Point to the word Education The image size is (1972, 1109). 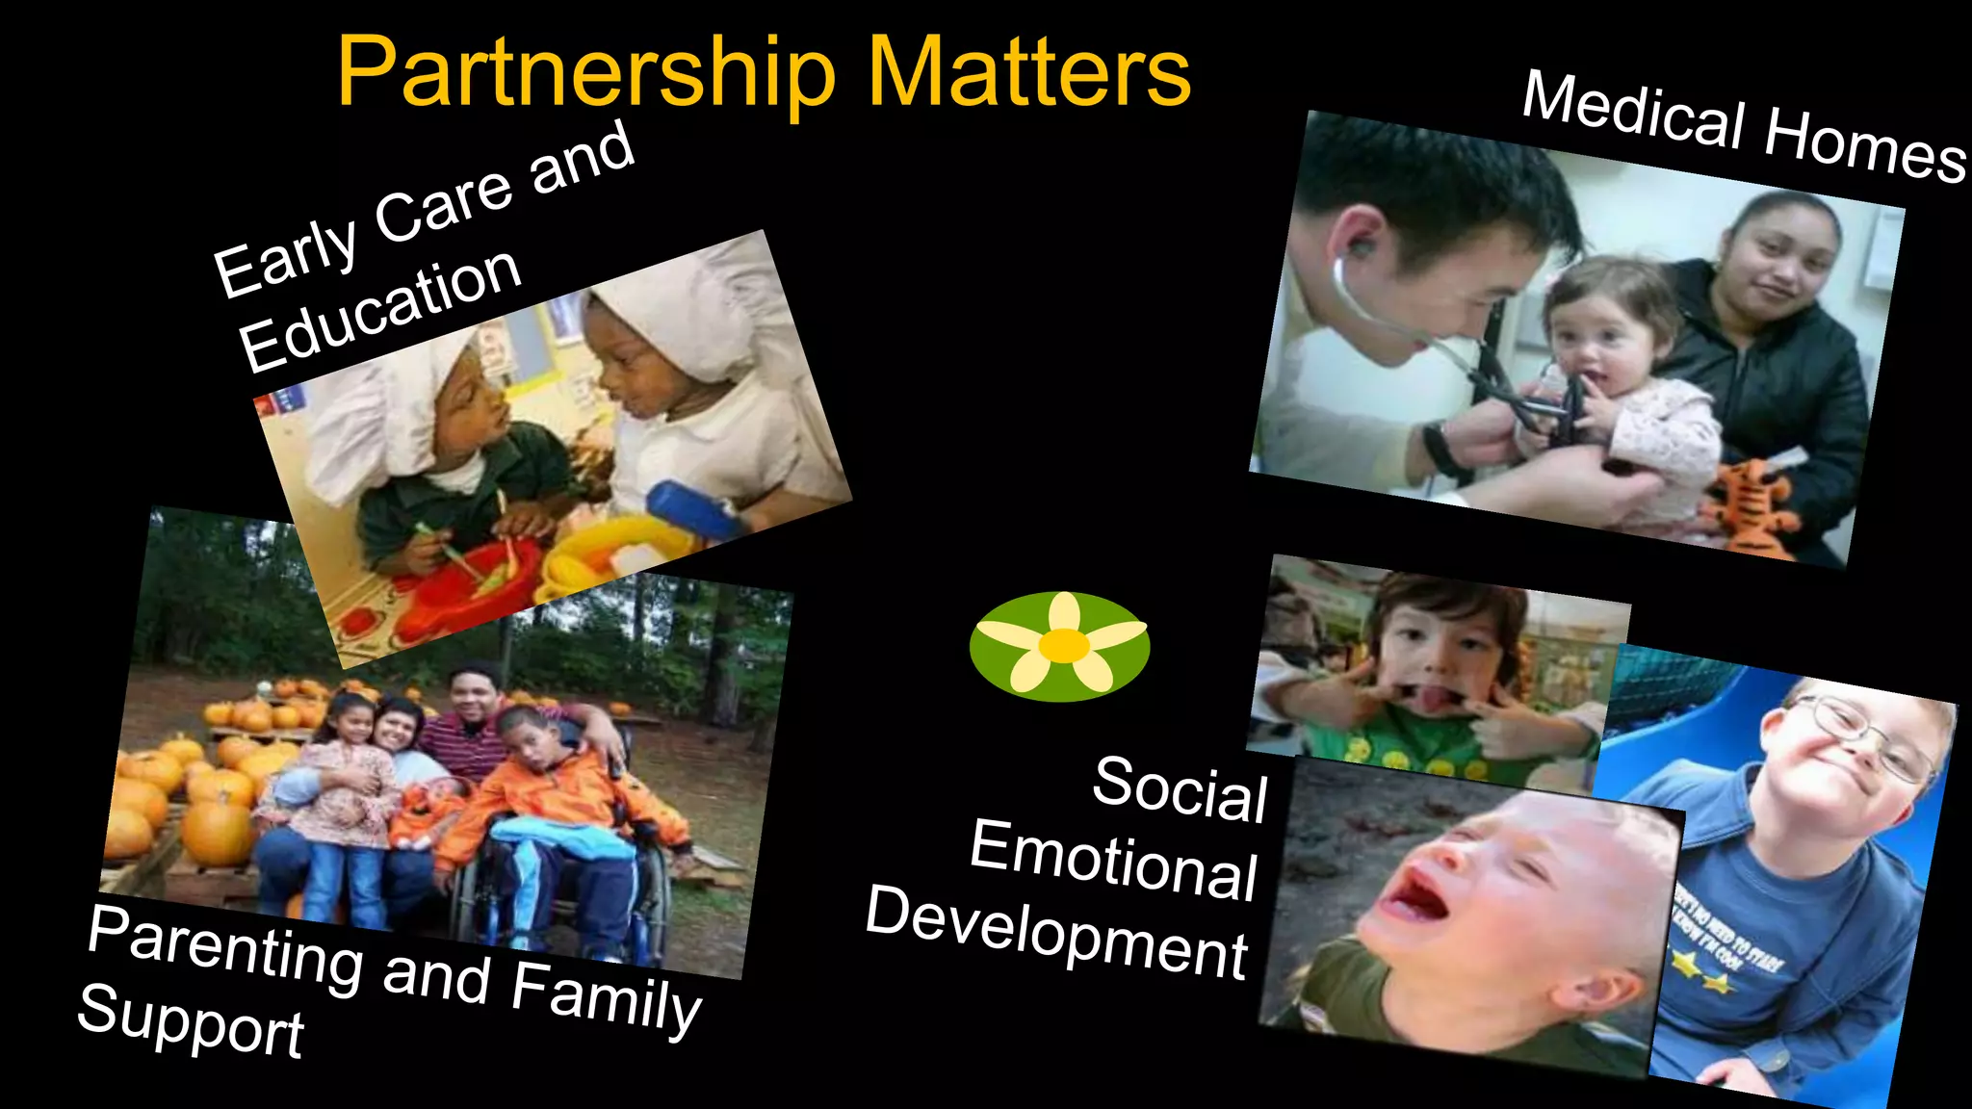(380, 308)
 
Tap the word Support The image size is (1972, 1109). (191, 1022)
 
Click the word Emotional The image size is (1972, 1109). (1113, 860)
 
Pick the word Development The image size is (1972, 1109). (1056, 931)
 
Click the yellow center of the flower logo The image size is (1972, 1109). (1063, 646)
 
